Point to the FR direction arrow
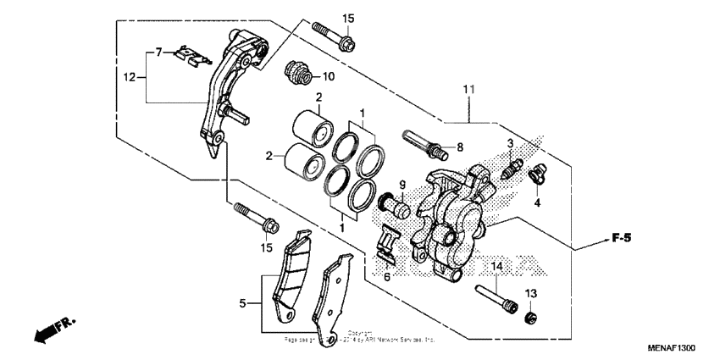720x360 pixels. click(x=53, y=330)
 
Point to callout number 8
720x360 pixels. click(x=460, y=147)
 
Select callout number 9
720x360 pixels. click(x=402, y=185)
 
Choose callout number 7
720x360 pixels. click(x=158, y=53)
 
